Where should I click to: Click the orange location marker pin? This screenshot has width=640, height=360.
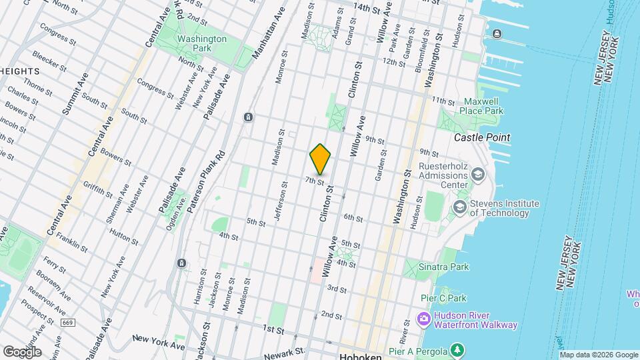321,159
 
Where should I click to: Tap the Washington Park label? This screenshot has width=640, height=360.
202,44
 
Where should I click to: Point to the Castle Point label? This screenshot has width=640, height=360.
482,137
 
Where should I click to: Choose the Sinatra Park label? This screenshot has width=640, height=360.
444,267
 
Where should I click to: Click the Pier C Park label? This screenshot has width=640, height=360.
444,298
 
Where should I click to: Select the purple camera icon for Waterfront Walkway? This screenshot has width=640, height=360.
423,320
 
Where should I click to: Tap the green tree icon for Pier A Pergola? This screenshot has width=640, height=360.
457,349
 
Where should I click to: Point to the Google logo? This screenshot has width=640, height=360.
22,351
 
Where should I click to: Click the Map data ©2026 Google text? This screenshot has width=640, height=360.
598,355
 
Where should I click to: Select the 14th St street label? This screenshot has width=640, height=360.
371,7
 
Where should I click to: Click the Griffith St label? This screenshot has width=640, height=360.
99,189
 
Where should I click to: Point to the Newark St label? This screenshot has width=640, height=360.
288,351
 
